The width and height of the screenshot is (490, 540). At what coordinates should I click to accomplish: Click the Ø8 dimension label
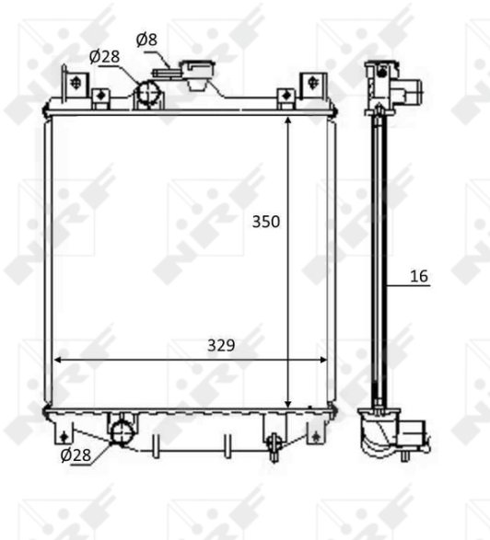(146, 40)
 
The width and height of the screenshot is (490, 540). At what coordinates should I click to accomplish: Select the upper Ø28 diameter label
(104, 57)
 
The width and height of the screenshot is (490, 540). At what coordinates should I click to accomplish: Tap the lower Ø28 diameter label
(76, 455)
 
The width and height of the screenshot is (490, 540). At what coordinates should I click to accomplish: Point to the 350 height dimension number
(266, 222)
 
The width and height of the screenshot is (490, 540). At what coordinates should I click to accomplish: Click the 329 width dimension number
(221, 345)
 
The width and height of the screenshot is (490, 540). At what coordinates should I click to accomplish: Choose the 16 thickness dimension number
(419, 276)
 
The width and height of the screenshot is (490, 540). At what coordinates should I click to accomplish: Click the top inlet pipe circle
(148, 93)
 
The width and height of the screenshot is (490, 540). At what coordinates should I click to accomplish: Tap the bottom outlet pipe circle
(122, 433)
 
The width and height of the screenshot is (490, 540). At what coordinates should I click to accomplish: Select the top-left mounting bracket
(75, 85)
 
